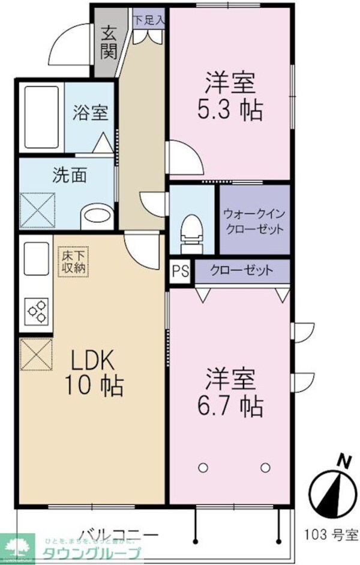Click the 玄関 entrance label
[x=108, y=42]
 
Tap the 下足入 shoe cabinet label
[x=148, y=20]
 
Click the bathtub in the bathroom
[x=41, y=116]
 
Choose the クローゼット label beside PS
[x=241, y=271]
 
